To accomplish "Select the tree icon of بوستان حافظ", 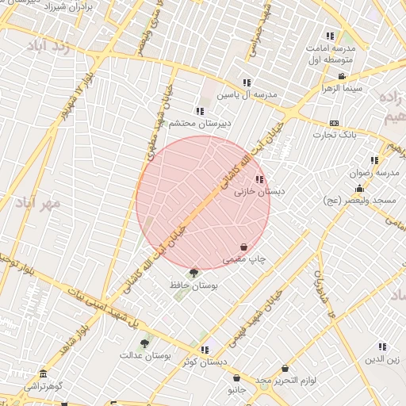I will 194,274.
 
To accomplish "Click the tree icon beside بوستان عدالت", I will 144,343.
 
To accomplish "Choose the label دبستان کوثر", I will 203,362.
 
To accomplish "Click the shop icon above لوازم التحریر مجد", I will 285,369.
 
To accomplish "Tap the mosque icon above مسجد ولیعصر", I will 360,188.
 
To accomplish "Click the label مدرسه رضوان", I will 374,172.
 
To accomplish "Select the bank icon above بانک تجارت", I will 334,123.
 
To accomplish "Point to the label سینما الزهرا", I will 341,88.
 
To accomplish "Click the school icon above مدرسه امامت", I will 330,36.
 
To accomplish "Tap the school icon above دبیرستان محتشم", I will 199,111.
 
